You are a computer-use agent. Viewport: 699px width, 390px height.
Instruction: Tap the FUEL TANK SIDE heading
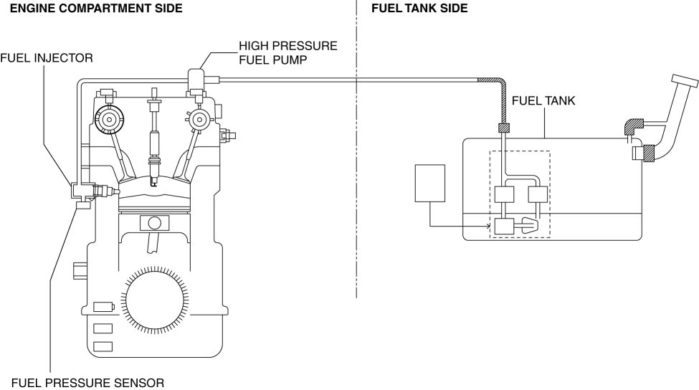pyautogui.click(x=419, y=9)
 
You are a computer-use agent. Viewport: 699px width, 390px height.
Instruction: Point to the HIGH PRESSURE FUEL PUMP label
pyautogui.click(x=287, y=53)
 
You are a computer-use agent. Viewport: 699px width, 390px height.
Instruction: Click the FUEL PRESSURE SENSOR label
pyautogui.click(x=87, y=382)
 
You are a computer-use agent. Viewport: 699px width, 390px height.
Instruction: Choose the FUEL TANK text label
pyautogui.click(x=543, y=102)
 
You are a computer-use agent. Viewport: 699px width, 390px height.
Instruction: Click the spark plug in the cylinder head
pyautogui.click(x=153, y=136)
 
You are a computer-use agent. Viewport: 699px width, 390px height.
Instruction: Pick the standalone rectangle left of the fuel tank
pyautogui.click(x=430, y=183)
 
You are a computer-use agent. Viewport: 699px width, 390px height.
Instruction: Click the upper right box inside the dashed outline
pyautogui.click(x=538, y=194)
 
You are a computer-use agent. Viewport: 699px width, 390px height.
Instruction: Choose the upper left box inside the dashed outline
pyautogui.click(x=505, y=194)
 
